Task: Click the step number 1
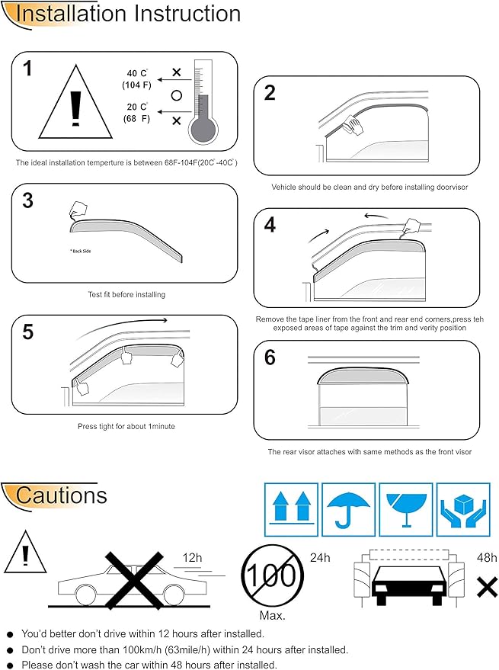[x=28, y=69]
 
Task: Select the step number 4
[x=270, y=225]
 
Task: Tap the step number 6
[x=270, y=357]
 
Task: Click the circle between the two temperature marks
[x=176, y=96]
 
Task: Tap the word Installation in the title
[x=69, y=14]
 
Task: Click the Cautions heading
[x=61, y=495]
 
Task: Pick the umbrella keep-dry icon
[x=348, y=509]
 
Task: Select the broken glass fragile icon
[x=405, y=509]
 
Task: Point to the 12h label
[x=192, y=558]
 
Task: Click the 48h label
[x=485, y=558]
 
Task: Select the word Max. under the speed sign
[x=272, y=614]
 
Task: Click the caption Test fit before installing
[x=126, y=294]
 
